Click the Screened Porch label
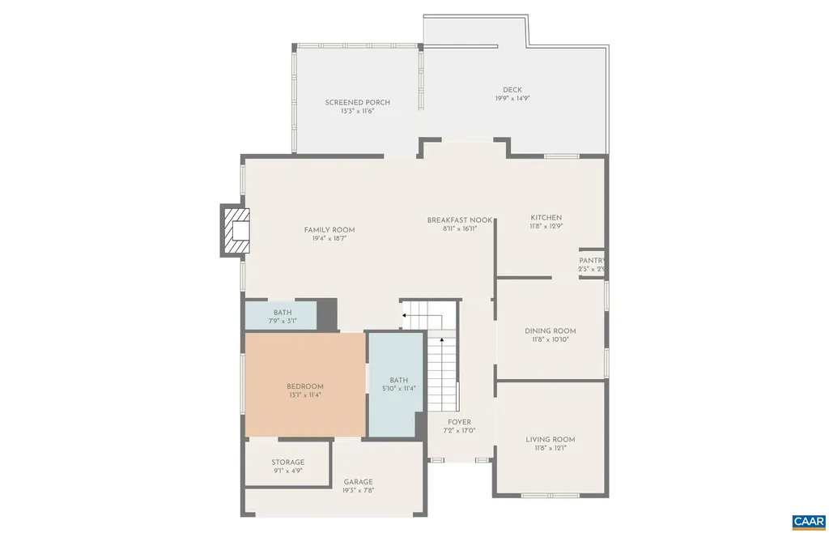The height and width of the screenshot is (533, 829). pyautogui.click(x=357, y=103)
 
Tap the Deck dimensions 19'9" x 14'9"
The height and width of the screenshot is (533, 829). pyautogui.click(x=512, y=99)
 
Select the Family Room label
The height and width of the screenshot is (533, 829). pyautogui.click(x=329, y=230)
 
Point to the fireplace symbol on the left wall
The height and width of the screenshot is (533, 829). pyautogui.click(x=236, y=231)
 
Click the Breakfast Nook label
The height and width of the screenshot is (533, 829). pyautogui.click(x=459, y=220)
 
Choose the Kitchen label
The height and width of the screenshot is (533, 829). pyautogui.click(x=546, y=218)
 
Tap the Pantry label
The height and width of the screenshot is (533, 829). pyautogui.click(x=591, y=261)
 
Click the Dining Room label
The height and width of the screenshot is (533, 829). pyautogui.click(x=550, y=330)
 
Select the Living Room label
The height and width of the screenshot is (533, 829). pyautogui.click(x=550, y=440)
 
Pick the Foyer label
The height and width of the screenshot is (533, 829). pyautogui.click(x=459, y=422)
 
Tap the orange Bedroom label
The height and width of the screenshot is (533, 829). pyautogui.click(x=304, y=386)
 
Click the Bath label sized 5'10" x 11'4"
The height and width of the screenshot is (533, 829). pyautogui.click(x=398, y=380)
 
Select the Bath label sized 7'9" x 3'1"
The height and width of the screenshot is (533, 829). pyautogui.click(x=282, y=313)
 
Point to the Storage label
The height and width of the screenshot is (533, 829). pyautogui.click(x=287, y=463)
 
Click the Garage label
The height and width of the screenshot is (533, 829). pyautogui.click(x=358, y=481)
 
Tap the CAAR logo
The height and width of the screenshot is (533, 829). pyautogui.click(x=807, y=520)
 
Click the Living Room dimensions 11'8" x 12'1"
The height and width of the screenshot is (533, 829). pyautogui.click(x=550, y=449)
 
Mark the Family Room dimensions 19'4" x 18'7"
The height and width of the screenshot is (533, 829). pyautogui.click(x=329, y=239)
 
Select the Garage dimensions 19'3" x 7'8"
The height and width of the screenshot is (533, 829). pyautogui.click(x=358, y=490)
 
